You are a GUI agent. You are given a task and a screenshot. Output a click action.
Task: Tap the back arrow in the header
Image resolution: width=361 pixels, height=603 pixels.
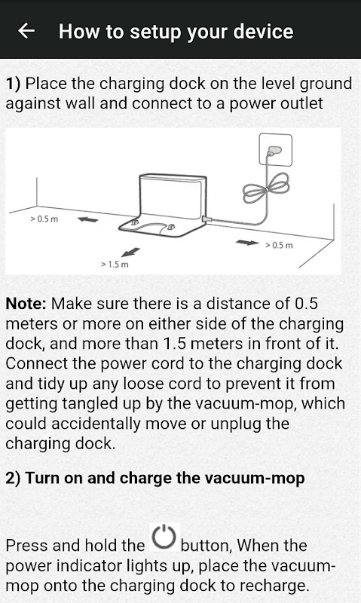26,31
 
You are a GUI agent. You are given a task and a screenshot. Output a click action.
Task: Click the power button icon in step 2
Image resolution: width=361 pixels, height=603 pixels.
164,537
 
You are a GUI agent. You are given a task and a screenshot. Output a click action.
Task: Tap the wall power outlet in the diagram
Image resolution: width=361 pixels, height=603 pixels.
276,149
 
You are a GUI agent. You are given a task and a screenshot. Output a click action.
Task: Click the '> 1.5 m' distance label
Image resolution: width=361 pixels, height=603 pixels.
115,265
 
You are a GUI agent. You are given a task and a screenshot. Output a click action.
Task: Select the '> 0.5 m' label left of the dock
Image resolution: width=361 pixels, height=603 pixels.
44,219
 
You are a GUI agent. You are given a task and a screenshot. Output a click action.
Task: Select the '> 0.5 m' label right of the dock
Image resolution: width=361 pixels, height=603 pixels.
279,245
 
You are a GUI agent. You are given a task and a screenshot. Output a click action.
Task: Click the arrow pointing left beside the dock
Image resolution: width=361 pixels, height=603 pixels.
87,219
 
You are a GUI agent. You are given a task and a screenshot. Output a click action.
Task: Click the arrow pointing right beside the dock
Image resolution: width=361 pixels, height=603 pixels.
247,242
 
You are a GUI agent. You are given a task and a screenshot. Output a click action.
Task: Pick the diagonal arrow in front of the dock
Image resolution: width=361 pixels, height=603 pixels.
130,252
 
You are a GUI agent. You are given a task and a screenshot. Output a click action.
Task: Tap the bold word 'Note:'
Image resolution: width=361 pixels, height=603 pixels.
26,304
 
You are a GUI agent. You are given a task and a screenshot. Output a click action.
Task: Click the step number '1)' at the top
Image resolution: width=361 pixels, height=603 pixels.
13,84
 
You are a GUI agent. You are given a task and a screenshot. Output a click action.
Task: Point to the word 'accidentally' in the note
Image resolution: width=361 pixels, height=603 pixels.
96,424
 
